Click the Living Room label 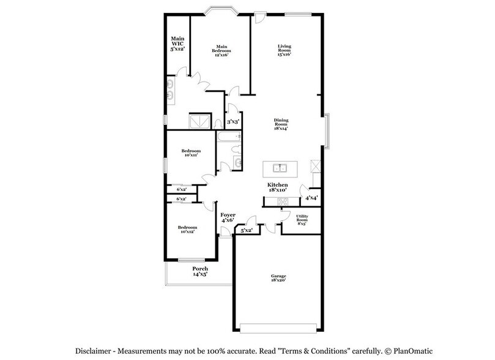point(284,50)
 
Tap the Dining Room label point(281,124)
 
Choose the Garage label point(278,279)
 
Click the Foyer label point(228,217)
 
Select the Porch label point(200,272)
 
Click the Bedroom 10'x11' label point(190,152)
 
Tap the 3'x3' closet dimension point(233,122)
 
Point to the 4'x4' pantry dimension point(311,198)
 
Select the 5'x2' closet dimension point(247,231)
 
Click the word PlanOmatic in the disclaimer point(409,351)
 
